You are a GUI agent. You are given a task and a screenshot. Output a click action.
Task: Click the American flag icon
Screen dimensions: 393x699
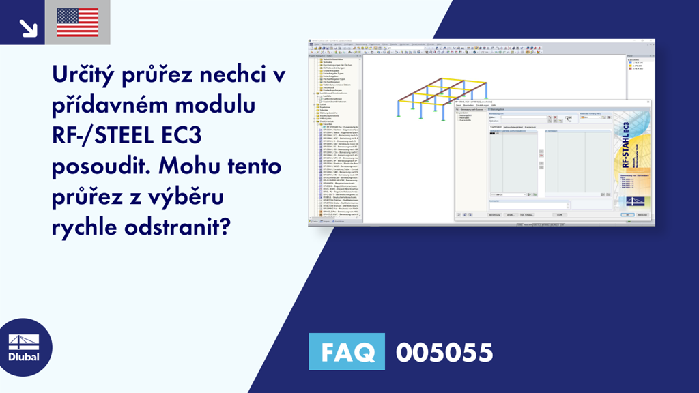coord(78,22)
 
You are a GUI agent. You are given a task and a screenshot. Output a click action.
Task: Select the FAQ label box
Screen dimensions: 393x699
coord(347,352)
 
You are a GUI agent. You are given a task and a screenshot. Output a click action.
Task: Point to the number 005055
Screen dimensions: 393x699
coord(444,352)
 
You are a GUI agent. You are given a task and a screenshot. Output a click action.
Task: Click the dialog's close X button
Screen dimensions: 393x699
coord(648,102)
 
